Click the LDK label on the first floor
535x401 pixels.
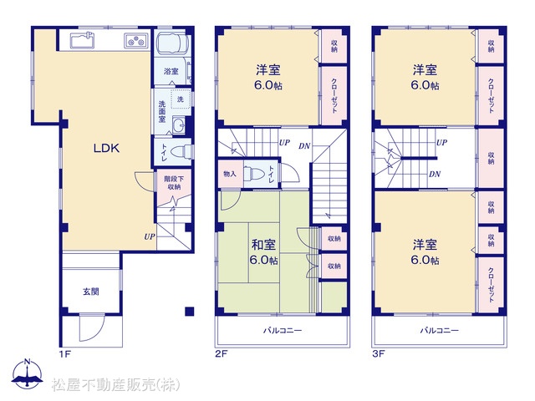(x=106, y=148)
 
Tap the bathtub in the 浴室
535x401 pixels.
(x=172, y=43)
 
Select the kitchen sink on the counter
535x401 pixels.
(x=82, y=40)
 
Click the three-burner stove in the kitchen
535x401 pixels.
(x=136, y=41)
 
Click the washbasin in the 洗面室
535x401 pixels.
(x=178, y=124)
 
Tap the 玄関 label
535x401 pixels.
(x=91, y=292)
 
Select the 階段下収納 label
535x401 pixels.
(x=174, y=182)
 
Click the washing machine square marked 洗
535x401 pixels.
(x=181, y=99)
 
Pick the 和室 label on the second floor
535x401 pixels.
(x=263, y=245)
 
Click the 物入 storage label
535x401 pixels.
(x=230, y=174)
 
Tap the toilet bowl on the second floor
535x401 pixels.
(x=254, y=173)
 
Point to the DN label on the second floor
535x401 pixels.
(x=304, y=146)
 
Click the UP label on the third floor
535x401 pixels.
(x=442, y=142)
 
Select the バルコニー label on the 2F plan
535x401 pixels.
(x=283, y=331)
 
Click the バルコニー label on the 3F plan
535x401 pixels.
(x=440, y=331)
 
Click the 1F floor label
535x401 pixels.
(x=65, y=354)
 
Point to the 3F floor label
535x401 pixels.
(x=379, y=353)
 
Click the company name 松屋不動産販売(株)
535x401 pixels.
(x=115, y=385)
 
